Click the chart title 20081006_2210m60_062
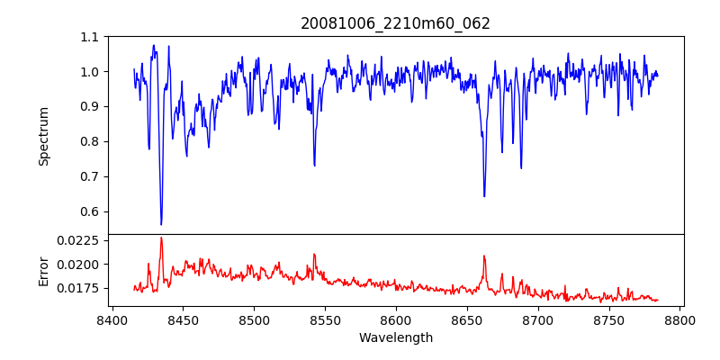395,23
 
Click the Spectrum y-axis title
43,136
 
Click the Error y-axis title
43,270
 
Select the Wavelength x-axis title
395,338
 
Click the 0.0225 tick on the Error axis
78,240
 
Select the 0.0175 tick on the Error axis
78,288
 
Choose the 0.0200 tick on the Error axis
78,265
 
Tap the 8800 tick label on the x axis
679,319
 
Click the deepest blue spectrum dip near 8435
161,224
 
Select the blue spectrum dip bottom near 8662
484,196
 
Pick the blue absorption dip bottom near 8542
314,166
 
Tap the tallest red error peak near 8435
161,238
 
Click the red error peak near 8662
484,256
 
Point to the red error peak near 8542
314,254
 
